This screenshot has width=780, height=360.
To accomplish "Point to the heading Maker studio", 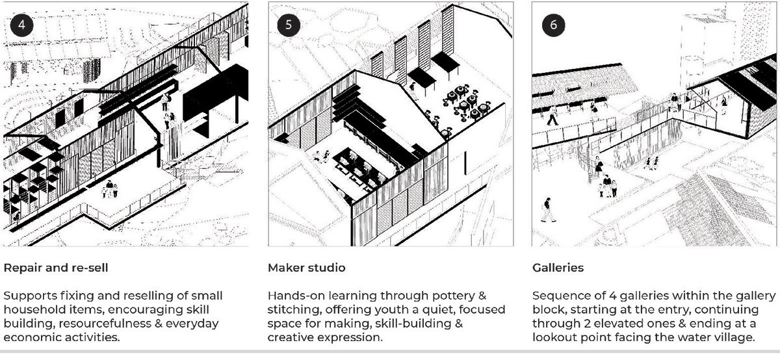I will coord(307,268).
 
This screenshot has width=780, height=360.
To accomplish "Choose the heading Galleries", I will coord(557,268).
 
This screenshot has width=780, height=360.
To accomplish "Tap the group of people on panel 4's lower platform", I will coord(110,190).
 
